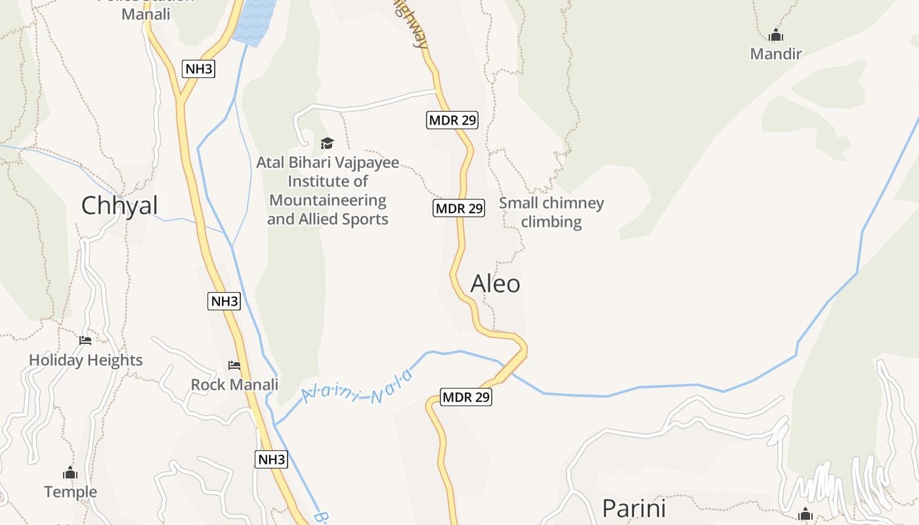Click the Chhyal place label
tap(119, 206)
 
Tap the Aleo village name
tap(496, 283)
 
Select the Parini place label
tap(634, 509)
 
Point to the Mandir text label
tap(776, 54)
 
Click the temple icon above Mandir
tap(776, 35)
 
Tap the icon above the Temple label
tap(70, 473)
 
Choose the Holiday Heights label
tap(86, 360)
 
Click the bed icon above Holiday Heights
tap(85, 341)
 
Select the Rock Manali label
tap(234, 385)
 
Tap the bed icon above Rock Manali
tap(234, 366)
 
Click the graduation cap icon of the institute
tap(327, 143)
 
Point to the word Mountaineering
tap(328, 200)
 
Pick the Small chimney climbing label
tap(551, 212)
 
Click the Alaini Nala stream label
tap(358, 388)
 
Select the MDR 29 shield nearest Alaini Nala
tap(466, 397)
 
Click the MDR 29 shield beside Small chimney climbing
tap(459, 209)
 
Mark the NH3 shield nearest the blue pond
tap(198, 69)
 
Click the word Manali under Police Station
tap(146, 14)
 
